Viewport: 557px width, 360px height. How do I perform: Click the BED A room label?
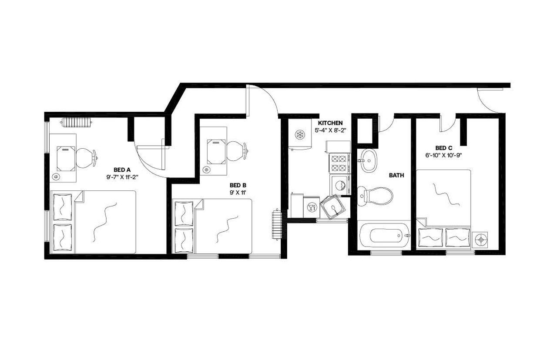tap(122, 170)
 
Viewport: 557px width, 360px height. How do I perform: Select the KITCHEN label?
tap(330, 123)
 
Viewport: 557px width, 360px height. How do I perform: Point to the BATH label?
tap(396, 176)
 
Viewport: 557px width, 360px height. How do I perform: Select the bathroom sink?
tap(369, 160)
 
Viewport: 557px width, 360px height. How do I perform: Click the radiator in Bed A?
tap(77, 122)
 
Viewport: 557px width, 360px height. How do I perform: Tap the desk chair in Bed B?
tap(237, 150)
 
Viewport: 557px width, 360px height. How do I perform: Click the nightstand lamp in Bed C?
tap(480, 239)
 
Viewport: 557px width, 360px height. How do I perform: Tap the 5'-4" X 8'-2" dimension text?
tap(330, 130)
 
